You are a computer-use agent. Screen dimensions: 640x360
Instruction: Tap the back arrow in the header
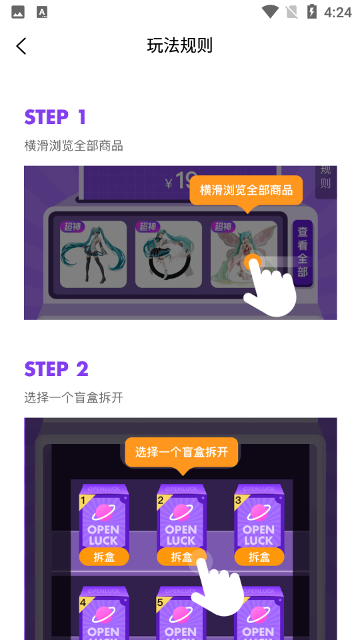tap(21, 45)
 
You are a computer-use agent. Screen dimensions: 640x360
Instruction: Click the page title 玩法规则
tap(180, 45)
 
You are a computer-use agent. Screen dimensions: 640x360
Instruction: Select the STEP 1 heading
tap(55, 117)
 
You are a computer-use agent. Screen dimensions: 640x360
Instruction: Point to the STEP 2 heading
tap(57, 369)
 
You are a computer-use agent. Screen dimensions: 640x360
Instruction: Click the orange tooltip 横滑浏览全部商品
tap(246, 190)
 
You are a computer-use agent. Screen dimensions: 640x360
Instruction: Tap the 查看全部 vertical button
tap(303, 252)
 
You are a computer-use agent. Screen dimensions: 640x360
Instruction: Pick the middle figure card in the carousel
tap(169, 254)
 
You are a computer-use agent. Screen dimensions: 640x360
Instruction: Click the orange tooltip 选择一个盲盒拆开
tap(181, 452)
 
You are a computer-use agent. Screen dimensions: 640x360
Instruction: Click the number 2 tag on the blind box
tap(161, 499)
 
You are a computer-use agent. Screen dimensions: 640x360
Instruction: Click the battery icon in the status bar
tap(311, 12)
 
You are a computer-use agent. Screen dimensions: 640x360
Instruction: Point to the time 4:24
tap(337, 12)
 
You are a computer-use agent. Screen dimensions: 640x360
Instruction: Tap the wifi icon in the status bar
tap(270, 12)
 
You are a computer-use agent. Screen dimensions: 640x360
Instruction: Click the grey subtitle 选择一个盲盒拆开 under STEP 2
tap(74, 397)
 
